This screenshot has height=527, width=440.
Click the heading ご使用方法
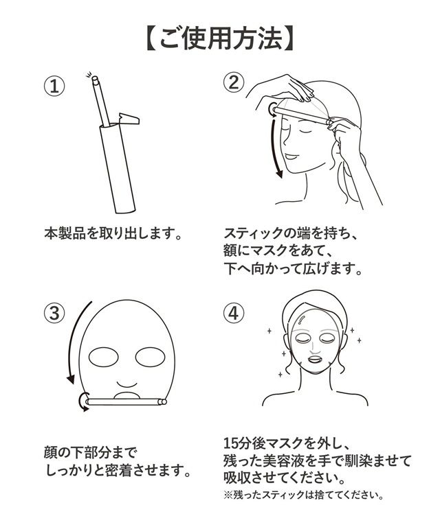[220, 39]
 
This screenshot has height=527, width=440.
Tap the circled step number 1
[54, 86]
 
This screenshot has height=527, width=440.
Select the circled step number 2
[234, 82]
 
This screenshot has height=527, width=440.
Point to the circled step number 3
[54, 313]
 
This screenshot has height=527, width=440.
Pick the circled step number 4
[234, 313]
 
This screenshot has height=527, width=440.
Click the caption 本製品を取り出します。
[113, 233]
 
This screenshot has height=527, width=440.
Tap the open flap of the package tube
[129, 119]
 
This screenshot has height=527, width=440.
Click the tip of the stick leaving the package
[95, 78]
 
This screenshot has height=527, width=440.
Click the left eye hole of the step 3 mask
[103, 358]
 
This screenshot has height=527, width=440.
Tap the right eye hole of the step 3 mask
[150, 358]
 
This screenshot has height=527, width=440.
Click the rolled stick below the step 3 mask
[126, 401]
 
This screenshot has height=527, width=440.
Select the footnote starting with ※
[303, 495]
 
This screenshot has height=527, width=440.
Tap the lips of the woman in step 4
[316, 360]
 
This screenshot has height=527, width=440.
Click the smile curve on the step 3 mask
[127, 384]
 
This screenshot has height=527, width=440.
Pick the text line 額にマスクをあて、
[278, 250]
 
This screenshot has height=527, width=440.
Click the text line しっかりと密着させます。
[118, 471]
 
